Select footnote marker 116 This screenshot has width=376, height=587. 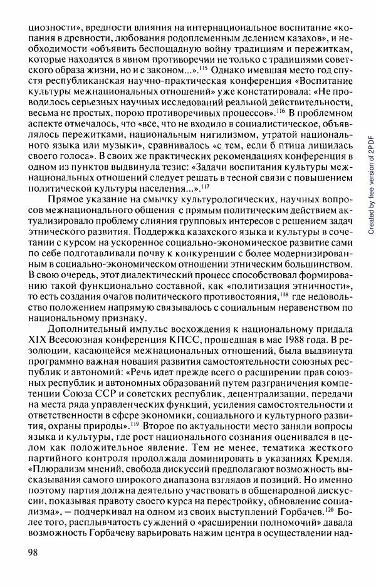(282, 110)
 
